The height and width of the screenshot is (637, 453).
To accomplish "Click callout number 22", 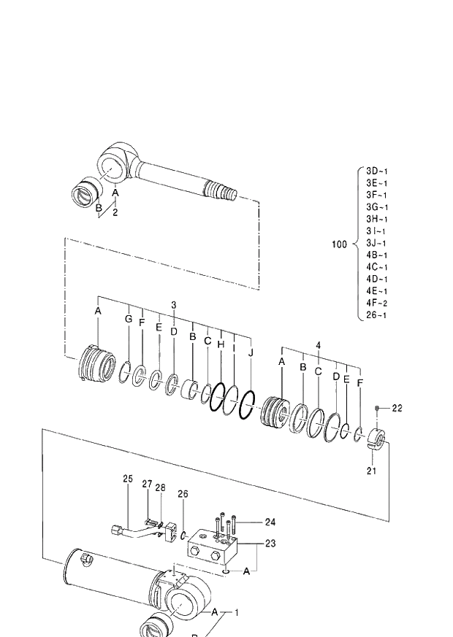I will [397, 408].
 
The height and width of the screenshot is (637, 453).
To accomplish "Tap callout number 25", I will [128, 479].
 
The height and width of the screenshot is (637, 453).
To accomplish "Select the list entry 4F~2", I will [377, 303].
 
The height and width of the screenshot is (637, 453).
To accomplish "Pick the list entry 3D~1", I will [377, 171].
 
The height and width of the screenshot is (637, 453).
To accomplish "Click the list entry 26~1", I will [377, 314].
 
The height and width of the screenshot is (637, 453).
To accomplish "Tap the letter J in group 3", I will [251, 353].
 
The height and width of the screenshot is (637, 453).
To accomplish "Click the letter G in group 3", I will [129, 320].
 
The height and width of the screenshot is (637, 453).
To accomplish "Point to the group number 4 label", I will [318, 344].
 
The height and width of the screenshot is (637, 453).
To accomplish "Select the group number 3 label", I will [173, 304].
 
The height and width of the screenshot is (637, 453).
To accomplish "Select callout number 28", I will [161, 487].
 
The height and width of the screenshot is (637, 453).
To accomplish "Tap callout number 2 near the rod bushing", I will [115, 212].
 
